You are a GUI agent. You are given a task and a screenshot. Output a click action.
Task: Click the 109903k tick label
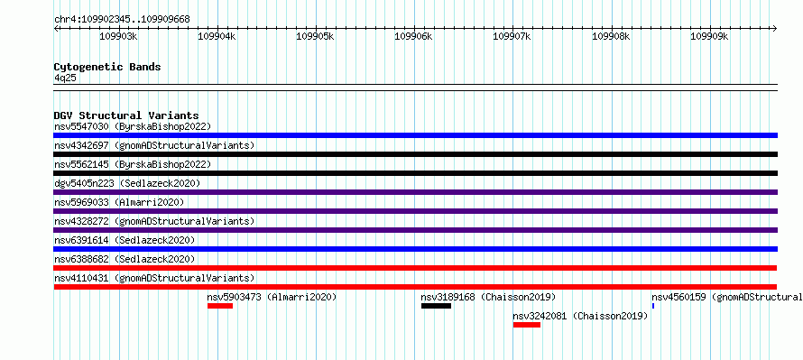pyautogui.click(x=118, y=36)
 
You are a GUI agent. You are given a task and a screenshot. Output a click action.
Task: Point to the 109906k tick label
pyautogui.click(x=413, y=36)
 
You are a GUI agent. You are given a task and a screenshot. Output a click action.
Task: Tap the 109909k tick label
pyautogui.click(x=709, y=36)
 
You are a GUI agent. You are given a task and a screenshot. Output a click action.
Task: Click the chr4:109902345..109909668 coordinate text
pyautogui.click(x=122, y=19)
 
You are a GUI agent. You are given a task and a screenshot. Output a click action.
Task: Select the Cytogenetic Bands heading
pyautogui.click(x=107, y=67)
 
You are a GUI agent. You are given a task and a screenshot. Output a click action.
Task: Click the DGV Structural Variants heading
pyautogui.click(x=126, y=115)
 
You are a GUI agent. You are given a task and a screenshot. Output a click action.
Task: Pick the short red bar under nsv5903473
pyautogui.click(x=220, y=306)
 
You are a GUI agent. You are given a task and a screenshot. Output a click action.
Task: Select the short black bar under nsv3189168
pyautogui.click(x=437, y=306)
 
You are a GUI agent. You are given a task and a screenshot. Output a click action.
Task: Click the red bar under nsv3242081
pyautogui.click(x=526, y=325)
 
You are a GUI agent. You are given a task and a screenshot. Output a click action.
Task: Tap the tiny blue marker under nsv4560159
pyautogui.click(x=653, y=306)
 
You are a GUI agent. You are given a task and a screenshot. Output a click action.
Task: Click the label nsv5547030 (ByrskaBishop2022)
pyautogui.click(x=133, y=126)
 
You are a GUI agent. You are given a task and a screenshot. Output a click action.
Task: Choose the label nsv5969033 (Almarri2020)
pyautogui.click(x=119, y=202)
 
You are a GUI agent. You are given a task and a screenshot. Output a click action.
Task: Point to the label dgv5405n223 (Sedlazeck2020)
pyautogui.click(x=127, y=183)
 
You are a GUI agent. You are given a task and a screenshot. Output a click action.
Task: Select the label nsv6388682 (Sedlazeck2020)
pyautogui.click(x=125, y=259)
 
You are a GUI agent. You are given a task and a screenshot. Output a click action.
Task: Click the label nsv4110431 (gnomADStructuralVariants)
pyautogui.click(x=154, y=278)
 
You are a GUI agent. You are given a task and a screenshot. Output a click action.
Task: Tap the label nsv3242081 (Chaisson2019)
pyautogui.click(x=580, y=316)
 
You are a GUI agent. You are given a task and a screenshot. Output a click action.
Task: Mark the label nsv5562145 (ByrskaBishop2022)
pyautogui.click(x=133, y=164)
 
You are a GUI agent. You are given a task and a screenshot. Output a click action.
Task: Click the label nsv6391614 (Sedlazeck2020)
pyautogui.click(x=125, y=240)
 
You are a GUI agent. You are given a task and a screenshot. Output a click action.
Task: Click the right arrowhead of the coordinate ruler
pyautogui.click(x=775, y=28)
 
